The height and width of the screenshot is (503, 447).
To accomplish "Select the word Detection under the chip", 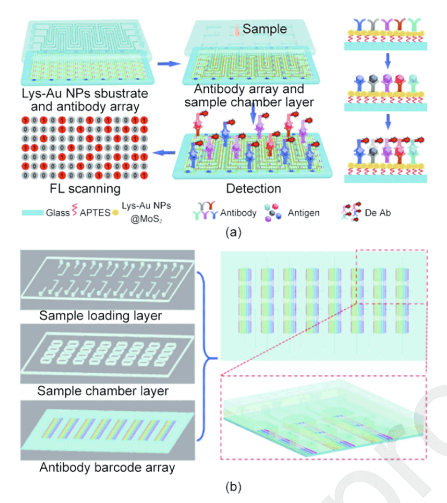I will pyautogui.click(x=253, y=189).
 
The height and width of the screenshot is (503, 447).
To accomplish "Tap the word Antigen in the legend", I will pyautogui.click(x=304, y=213).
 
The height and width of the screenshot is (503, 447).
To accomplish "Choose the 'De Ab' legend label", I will pyautogui.click(x=380, y=213).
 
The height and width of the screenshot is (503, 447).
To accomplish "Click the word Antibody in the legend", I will pyautogui.click(x=239, y=213).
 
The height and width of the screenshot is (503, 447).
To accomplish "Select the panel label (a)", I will pyautogui.click(x=233, y=232).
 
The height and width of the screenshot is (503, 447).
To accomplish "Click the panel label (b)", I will pyautogui.click(x=233, y=487).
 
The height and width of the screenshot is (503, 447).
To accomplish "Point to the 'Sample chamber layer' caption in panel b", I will pyautogui.click(x=103, y=390).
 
